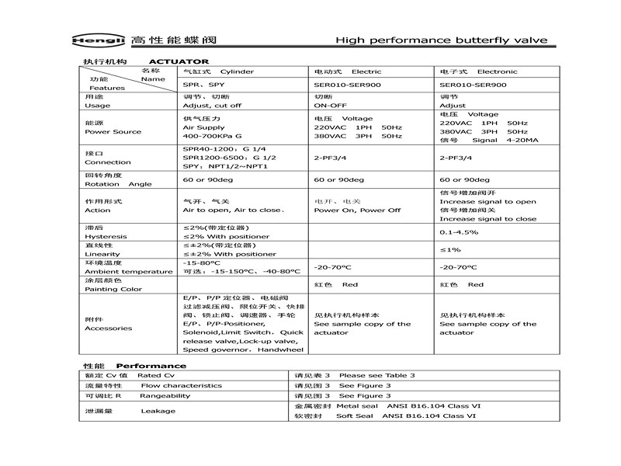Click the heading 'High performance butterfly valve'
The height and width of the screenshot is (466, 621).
pos(441,40)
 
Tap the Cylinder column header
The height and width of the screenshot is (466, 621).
pos(217,71)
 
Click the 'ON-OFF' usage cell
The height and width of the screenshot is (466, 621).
pos(330,105)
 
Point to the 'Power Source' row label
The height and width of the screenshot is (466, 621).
pos(113,131)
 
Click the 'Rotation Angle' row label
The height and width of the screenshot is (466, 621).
pos(119,184)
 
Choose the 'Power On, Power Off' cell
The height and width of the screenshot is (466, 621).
pos(357,210)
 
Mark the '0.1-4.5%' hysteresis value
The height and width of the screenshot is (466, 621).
pos(459,231)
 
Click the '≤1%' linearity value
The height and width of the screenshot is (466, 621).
pos(450,249)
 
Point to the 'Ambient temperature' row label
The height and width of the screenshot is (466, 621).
pos(129,271)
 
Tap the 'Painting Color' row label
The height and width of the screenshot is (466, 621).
pos(113,289)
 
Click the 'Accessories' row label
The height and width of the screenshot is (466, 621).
pos(109,328)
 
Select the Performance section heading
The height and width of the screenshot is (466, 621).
pos(151,365)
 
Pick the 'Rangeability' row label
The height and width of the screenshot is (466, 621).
pos(165,395)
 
